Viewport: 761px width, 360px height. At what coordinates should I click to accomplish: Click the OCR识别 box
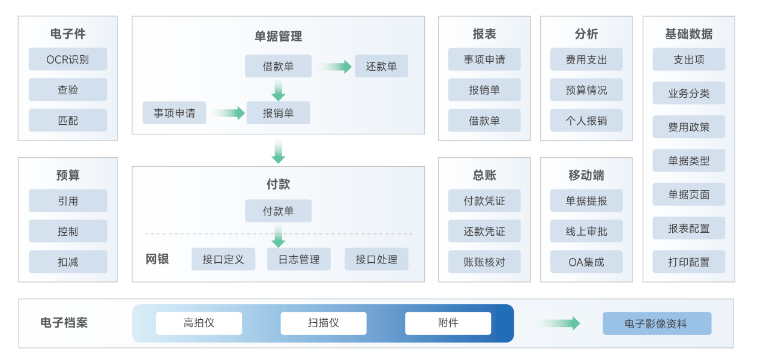[68, 59]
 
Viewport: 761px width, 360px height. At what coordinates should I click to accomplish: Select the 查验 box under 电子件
[68, 90]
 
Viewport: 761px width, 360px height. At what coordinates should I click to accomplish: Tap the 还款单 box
[381, 66]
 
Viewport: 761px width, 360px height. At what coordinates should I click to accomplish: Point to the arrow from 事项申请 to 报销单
[227, 113]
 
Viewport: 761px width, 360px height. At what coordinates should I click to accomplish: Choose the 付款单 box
[278, 211]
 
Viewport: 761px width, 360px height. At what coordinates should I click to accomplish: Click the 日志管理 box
[298, 259]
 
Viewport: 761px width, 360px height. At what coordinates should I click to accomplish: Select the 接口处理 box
[376, 259]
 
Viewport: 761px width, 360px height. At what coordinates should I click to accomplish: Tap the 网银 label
[157, 259]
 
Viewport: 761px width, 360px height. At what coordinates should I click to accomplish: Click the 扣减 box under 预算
[68, 262]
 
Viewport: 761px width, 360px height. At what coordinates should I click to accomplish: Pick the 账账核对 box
[484, 262]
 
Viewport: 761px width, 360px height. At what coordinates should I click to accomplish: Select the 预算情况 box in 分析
[586, 90]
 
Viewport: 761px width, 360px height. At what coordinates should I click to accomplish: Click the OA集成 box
[586, 262]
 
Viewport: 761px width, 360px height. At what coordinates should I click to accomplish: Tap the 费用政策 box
[688, 127]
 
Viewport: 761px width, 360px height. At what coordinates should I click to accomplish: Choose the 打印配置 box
[688, 262]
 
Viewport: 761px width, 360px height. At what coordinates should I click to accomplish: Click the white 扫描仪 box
[323, 323]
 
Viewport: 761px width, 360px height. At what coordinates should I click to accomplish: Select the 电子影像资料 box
[657, 324]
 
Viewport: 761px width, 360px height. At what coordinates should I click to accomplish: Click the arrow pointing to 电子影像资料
[558, 323]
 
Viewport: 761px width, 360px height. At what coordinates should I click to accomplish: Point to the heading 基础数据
[688, 34]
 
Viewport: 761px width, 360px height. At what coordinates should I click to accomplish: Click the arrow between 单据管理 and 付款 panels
[278, 151]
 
